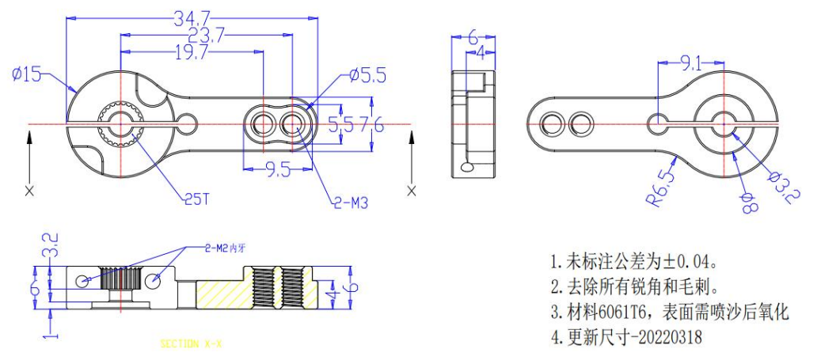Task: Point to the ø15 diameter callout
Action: (x=27, y=74)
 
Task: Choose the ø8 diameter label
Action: (x=748, y=203)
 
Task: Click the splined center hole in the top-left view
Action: (x=120, y=124)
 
